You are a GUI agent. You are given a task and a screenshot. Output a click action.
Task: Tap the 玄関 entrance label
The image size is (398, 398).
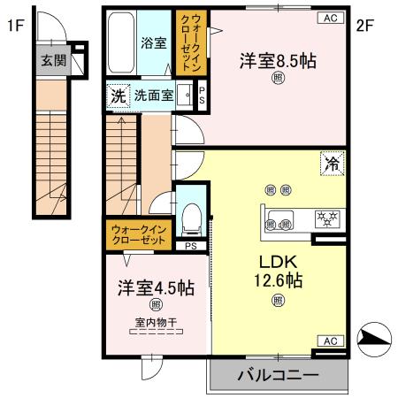coord(51,60)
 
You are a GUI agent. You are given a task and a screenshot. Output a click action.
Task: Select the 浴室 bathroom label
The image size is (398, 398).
coord(153,42)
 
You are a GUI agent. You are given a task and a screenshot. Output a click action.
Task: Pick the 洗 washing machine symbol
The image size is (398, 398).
coord(118,96)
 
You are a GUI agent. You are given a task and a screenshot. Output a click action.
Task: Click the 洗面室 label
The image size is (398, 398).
coord(154,96)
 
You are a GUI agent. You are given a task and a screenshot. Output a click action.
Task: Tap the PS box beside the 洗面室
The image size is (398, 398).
coord(201,96)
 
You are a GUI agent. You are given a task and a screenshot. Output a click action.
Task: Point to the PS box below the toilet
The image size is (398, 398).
coord(192,246)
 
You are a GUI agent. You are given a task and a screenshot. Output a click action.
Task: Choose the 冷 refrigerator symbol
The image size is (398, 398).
coord(332,163)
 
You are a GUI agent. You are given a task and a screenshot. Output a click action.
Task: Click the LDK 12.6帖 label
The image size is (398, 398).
coord(279,272)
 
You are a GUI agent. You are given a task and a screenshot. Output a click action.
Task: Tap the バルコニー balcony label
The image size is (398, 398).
coord(278,376)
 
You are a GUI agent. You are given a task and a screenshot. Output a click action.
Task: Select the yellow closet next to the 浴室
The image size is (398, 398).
coord(195,43)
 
